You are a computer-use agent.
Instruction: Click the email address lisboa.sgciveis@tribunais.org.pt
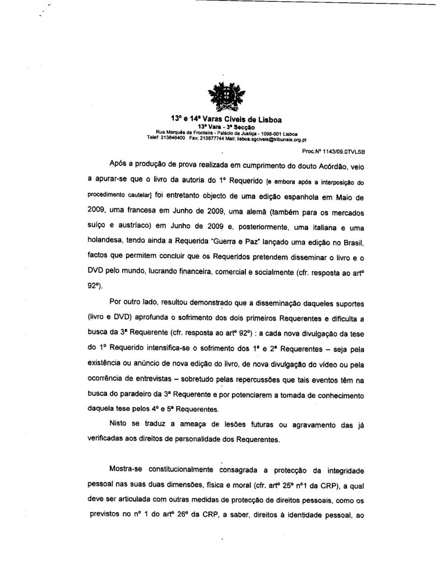point(273,138)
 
